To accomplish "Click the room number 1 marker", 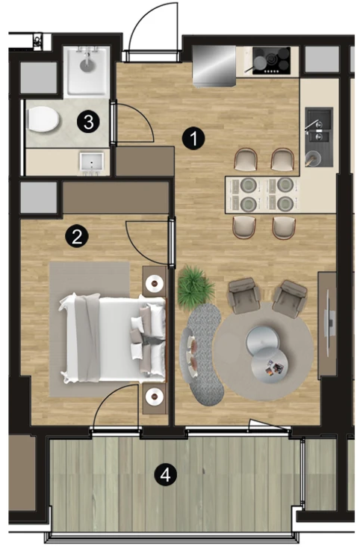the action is click(193, 139).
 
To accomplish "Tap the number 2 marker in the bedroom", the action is click(77, 237).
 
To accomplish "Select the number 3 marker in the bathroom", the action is click(89, 122).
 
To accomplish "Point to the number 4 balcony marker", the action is click(166, 475).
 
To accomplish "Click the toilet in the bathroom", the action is click(43, 119).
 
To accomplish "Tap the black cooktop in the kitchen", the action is click(271, 61).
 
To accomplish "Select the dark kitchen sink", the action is click(319, 137).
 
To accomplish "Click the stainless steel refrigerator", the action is click(214, 66).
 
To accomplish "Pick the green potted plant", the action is click(195, 287).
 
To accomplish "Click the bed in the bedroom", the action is click(113, 338).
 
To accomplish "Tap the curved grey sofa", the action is click(202, 353).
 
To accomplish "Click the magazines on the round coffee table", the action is click(273, 368).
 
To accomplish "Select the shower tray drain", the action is click(86, 64).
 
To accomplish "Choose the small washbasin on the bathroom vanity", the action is click(91, 162).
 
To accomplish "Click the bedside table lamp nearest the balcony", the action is click(155, 396).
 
